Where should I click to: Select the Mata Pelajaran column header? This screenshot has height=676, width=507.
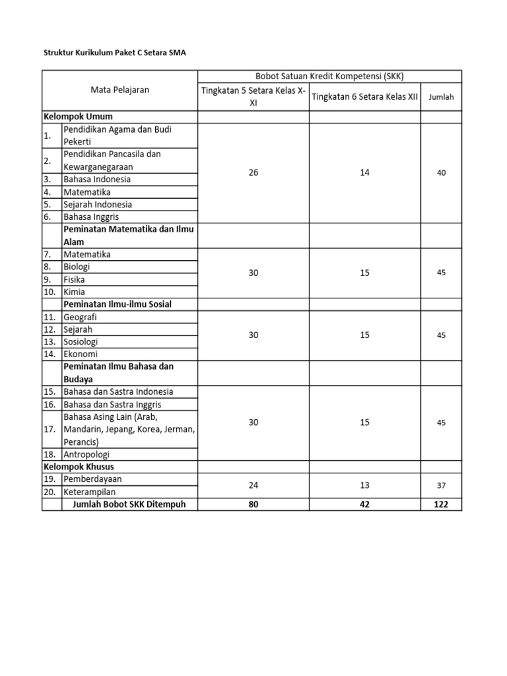[120, 90]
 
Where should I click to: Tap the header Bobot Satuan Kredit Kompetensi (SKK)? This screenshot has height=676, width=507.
[329, 77]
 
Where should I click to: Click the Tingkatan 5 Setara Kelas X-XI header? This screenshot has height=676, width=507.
[253, 96]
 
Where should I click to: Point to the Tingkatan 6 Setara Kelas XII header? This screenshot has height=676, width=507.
[364, 96]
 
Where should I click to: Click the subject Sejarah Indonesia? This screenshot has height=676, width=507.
[98, 204]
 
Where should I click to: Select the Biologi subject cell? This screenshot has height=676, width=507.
[77, 267]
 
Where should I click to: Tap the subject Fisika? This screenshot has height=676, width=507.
[74, 279]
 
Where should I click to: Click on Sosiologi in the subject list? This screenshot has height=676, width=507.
[81, 341]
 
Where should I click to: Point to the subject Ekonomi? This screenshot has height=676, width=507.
[80, 354]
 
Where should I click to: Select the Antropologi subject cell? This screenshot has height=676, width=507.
[86, 454]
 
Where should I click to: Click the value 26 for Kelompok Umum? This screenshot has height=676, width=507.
[253, 173]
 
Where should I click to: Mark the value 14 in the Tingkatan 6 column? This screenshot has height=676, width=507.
[364, 173]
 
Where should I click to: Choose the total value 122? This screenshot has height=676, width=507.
[441, 504]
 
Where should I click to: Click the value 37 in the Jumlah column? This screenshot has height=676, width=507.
[441, 485]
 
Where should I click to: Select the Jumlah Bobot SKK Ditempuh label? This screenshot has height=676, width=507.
[125, 504]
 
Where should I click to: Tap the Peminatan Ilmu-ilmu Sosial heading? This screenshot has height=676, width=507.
[121, 304]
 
